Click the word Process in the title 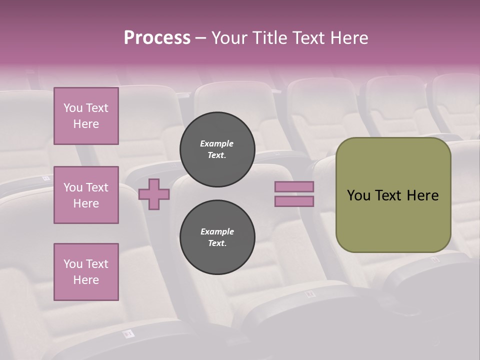(x=157, y=38)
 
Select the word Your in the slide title (x=229, y=38)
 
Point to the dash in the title (x=200, y=38)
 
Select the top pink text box (x=86, y=116)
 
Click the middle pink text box (x=86, y=195)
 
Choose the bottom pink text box (x=86, y=271)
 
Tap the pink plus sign (x=154, y=194)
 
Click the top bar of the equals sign (x=294, y=186)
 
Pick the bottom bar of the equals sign (x=294, y=201)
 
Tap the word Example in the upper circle (x=217, y=143)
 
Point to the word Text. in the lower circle (x=217, y=243)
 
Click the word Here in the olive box (x=422, y=195)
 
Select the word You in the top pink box (x=73, y=108)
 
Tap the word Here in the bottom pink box (x=86, y=280)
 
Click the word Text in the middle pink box (x=96, y=187)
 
